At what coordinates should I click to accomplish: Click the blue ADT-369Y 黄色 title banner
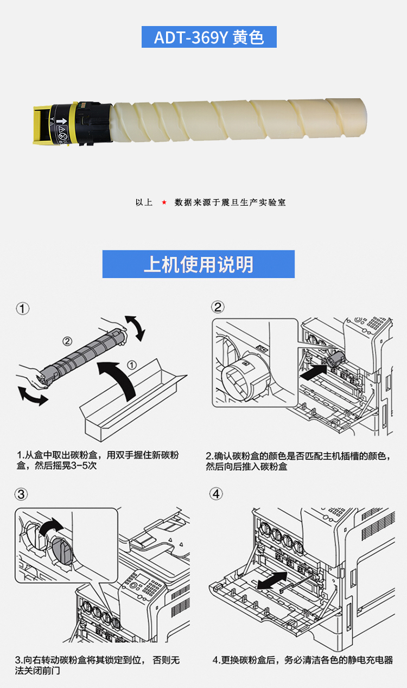click(209, 37)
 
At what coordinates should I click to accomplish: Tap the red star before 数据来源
click(164, 202)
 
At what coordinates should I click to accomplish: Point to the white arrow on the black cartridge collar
click(62, 120)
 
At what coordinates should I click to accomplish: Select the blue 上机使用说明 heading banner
click(199, 264)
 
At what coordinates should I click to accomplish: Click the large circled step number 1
click(22, 309)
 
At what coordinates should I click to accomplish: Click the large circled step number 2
click(218, 307)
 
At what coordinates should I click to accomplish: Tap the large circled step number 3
click(21, 494)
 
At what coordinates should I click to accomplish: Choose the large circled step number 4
click(216, 494)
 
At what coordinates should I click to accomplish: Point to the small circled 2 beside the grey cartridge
click(67, 341)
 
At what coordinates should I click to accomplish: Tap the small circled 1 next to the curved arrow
click(132, 365)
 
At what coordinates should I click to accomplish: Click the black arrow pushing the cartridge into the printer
click(313, 372)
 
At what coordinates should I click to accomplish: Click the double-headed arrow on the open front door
click(272, 581)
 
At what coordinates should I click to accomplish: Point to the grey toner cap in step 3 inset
click(62, 551)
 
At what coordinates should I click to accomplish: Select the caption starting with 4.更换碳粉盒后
click(303, 660)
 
